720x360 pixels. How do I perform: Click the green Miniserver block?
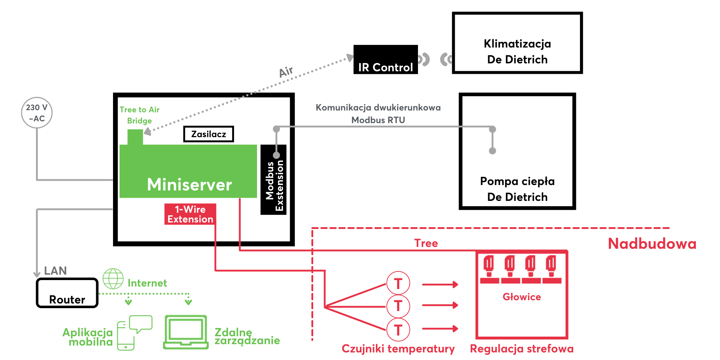[188, 172]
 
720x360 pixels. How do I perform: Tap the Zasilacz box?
[208, 134]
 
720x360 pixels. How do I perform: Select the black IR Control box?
[386, 60]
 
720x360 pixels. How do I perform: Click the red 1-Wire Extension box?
[190, 214]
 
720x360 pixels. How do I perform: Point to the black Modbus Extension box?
[274, 180]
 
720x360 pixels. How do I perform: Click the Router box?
[67, 293]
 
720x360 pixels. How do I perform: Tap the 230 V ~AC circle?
[37, 113]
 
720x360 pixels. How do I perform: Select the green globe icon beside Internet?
[113, 279]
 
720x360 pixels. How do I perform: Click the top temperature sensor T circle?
[398, 283]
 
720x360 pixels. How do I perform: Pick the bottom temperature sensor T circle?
[398, 330]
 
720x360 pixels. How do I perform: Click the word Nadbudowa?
[652, 244]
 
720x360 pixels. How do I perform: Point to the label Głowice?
[522, 297]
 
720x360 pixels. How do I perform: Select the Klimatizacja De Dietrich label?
[517, 51]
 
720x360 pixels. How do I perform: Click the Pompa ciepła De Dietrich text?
[517, 189]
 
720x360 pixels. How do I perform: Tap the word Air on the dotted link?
[286, 72]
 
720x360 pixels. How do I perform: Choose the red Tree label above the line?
[426, 243]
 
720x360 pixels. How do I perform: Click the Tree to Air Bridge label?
[139, 115]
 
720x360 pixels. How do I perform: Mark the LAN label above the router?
[55, 271]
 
